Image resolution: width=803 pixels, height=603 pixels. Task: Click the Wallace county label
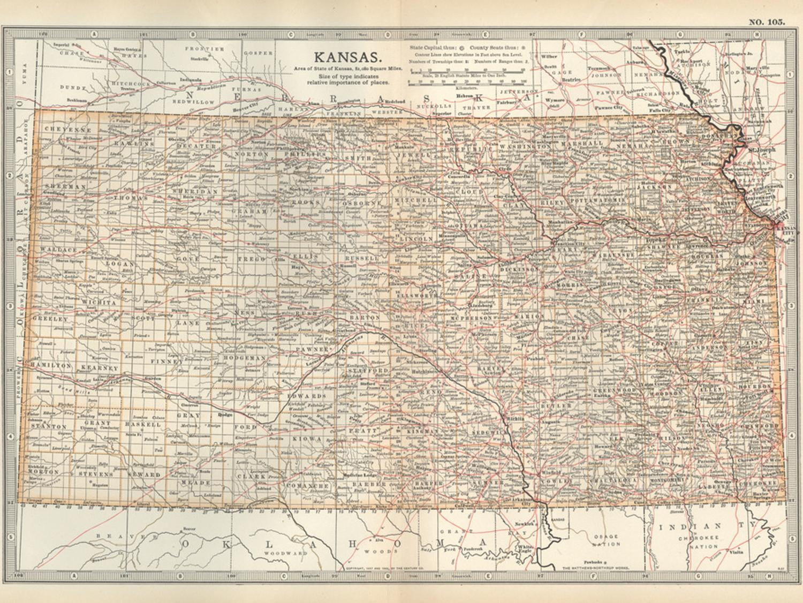(59, 250)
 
